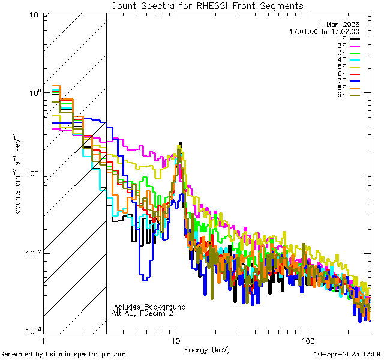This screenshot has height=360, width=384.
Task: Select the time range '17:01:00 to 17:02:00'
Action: point(324,31)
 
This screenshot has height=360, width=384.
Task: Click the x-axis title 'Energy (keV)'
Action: point(207,349)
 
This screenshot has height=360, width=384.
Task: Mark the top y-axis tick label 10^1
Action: point(32,13)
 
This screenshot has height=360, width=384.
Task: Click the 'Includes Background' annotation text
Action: point(149,307)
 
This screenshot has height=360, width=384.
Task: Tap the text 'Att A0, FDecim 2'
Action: point(143,313)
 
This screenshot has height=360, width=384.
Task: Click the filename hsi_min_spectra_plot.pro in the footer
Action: point(87,355)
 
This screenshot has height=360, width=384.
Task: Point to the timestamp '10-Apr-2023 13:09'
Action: point(347,355)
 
